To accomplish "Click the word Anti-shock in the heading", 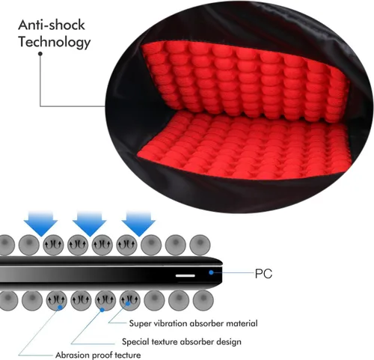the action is [x=52, y=25].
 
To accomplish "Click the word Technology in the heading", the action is [x=55, y=42].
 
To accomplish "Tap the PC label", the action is [x=263, y=274].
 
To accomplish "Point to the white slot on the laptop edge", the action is [x=186, y=275].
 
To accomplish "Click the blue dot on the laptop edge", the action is [x=211, y=272].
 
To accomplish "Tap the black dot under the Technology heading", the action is [x=40, y=54].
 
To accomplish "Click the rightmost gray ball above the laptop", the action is [x=200, y=245].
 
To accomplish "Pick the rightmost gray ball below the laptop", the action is [x=203, y=300].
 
